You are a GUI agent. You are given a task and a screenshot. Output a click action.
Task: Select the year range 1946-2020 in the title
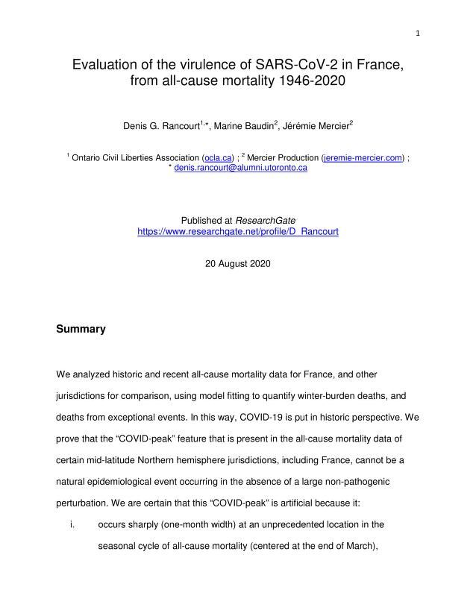click(302, 82)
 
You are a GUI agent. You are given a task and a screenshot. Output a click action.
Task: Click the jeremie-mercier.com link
click(362, 158)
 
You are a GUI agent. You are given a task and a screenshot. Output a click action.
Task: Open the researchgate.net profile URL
click(238, 231)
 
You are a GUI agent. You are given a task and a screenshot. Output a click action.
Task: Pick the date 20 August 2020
click(238, 264)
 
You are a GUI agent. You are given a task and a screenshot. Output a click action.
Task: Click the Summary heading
click(81, 329)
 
